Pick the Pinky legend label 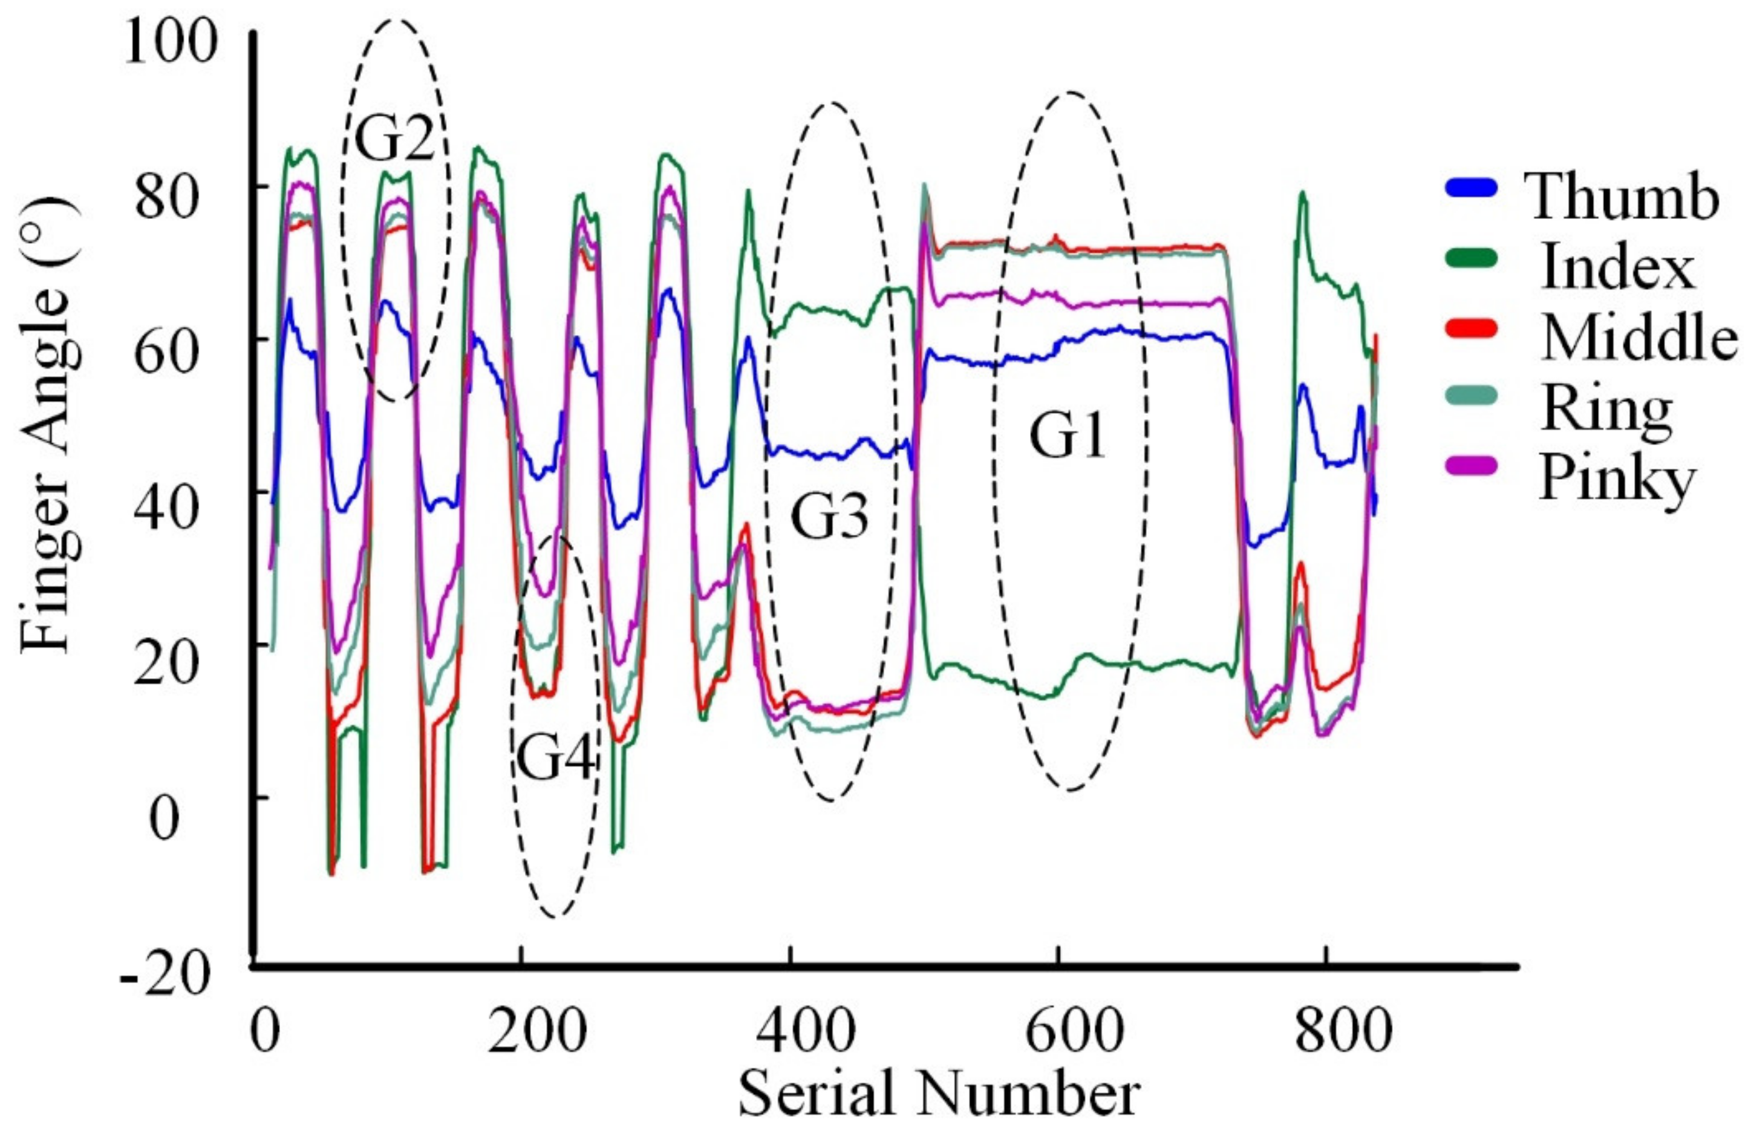tap(1617, 478)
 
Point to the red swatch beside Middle tap(1472, 328)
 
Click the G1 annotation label tap(1068, 436)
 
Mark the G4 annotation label tap(555, 758)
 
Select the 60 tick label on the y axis tap(169, 351)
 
